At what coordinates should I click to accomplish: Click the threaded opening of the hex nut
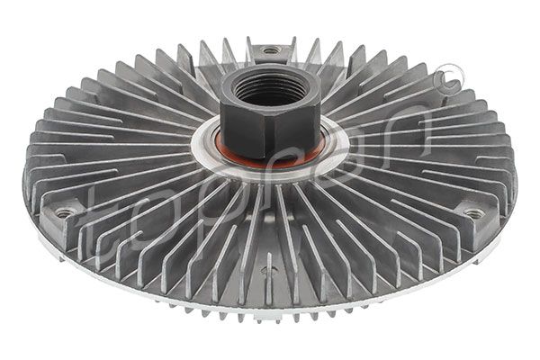click(x=269, y=88)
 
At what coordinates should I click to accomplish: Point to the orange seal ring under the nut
click(x=270, y=161)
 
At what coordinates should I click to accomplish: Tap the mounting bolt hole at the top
click(x=271, y=50)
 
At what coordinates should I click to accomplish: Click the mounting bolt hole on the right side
click(x=473, y=213)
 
